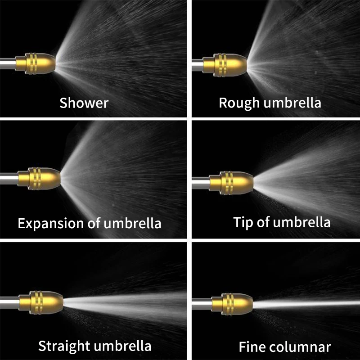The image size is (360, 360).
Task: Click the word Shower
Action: click(84, 103)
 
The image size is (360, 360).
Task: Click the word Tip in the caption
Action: click(243, 222)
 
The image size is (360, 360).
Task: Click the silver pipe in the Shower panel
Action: click(7, 63)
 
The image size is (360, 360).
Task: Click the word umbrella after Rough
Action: click(292, 103)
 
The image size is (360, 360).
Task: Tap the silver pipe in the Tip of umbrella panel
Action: click(201, 182)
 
